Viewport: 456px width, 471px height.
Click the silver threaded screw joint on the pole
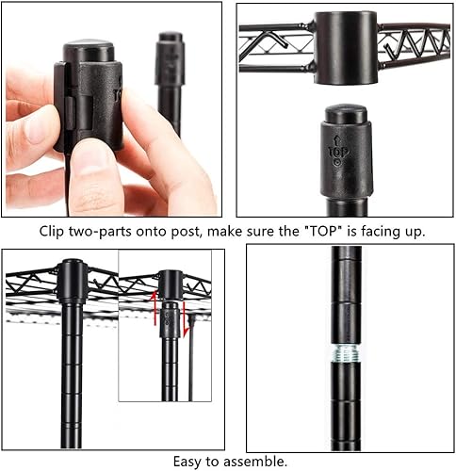[348, 356]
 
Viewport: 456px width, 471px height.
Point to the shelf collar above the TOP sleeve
[345, 47]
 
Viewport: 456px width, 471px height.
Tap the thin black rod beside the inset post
[190, 377]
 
